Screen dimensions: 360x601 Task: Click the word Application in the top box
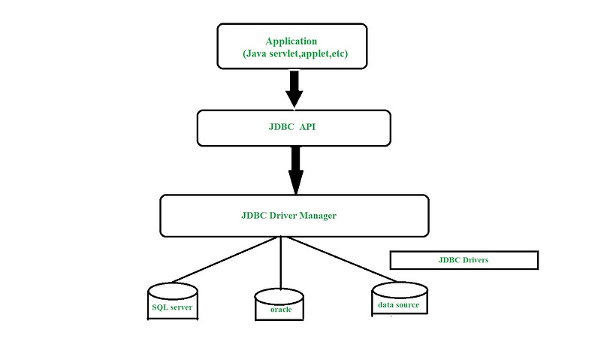click(291, 41)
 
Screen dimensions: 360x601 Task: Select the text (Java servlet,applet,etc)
click(294, 54)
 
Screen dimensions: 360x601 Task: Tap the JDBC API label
click(294, 129)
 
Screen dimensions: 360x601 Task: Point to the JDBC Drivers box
click(464, 260)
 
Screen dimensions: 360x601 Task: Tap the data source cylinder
click(399, 298)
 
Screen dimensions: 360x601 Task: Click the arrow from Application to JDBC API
click(294, 88)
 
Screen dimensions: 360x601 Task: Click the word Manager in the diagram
click(319, 216)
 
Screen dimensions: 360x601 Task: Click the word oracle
click(281, 309)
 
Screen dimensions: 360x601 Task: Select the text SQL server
click(172, 307)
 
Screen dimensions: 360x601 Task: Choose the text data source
click(399, 304)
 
